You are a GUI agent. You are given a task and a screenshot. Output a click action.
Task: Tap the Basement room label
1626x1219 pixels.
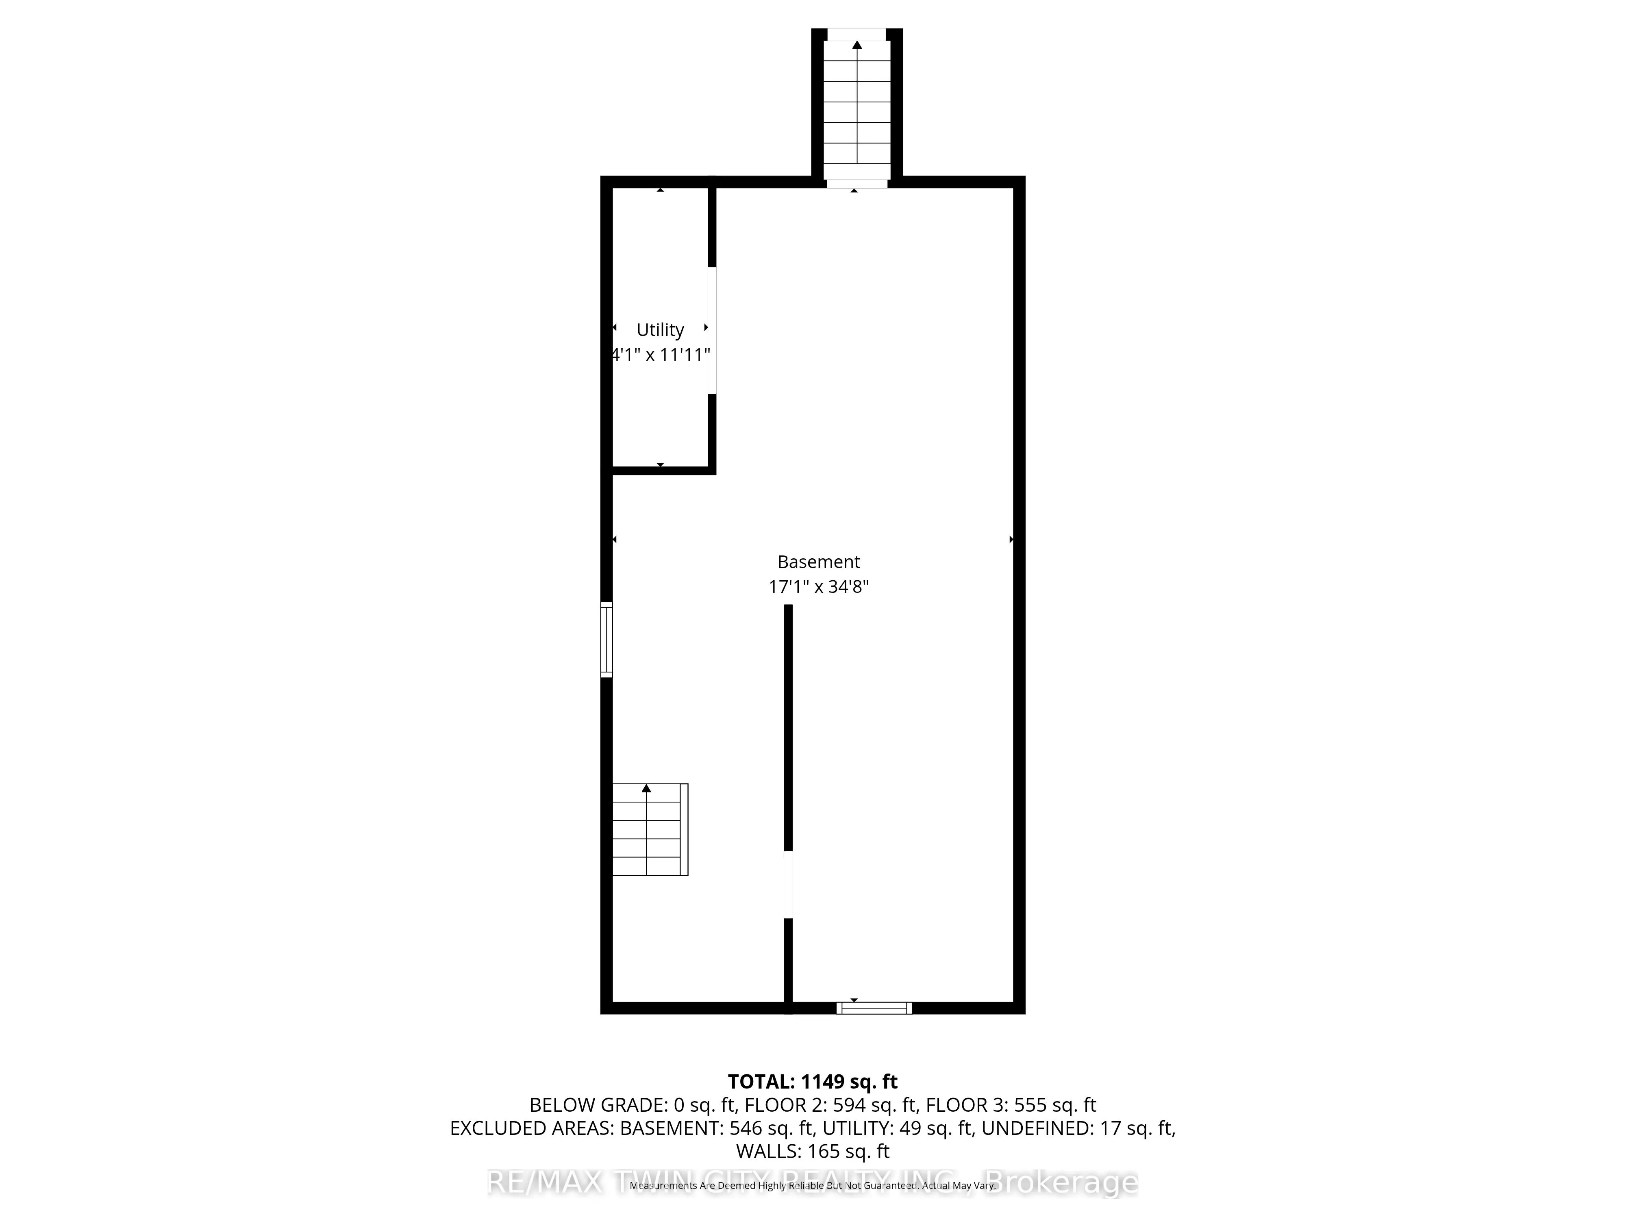pos(818,562)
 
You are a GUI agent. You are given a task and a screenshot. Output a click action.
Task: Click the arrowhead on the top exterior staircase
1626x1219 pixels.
pos(857,45)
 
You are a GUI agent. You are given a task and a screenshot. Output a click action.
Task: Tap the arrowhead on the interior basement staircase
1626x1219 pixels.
pos(646,788)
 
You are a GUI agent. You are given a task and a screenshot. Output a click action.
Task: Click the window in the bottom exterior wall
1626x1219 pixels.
pos(874,1008)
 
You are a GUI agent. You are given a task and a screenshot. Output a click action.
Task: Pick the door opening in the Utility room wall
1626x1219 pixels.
pos(711,330)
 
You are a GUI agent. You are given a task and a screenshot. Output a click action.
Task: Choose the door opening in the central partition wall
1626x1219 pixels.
pos(788,885)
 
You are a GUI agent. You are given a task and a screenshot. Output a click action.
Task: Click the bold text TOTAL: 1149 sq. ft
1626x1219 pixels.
pos(812,1082)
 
